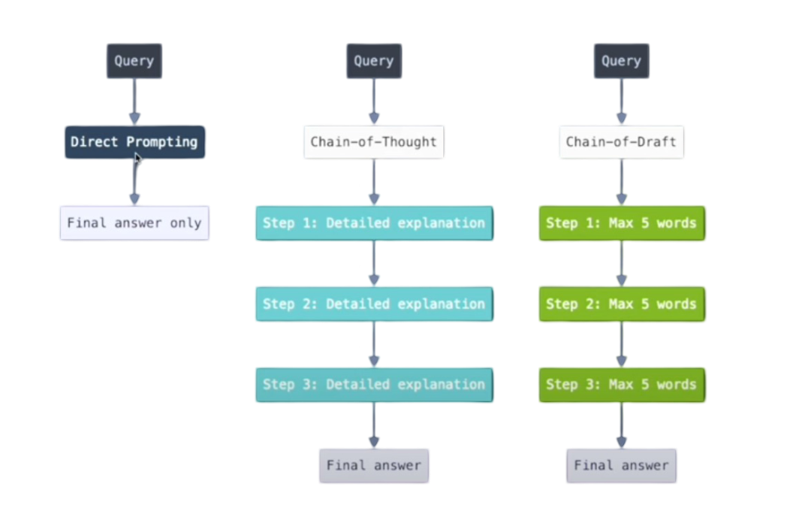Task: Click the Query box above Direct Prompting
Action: tap(134, 61)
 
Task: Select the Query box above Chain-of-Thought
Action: tap(373, 61)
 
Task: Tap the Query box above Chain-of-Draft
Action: tap(621, 61)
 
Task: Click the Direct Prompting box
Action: tap(134, 141)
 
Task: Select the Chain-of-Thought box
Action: tap(373, 142)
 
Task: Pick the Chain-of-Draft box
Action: tap(621, 142)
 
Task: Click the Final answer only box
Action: tap(134, 222)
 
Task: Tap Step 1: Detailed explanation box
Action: tap(373, 222)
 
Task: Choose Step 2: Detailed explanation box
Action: tap(373, 304)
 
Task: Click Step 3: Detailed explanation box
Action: tap(373, 384)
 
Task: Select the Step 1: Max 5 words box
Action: tap(621, 222)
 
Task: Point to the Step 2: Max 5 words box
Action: tap(621, 304)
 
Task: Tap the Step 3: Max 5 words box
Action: tap(621, 384)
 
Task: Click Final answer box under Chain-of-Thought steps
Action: tap(373, 465)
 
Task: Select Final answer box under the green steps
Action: tap(621, 465)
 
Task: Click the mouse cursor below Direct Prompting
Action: tap(137, 159)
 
